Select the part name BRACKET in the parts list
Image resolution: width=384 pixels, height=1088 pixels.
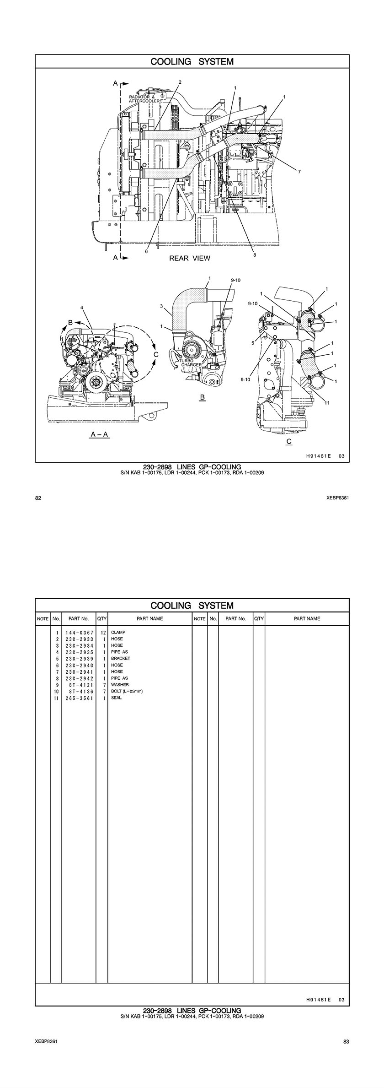[120, 659]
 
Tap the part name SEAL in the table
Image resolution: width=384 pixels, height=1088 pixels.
[116, 698]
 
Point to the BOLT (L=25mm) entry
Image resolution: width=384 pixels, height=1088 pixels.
[127, 691]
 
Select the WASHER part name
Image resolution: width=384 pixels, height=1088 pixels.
[120, 685]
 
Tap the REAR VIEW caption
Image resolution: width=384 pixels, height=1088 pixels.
[190, 258]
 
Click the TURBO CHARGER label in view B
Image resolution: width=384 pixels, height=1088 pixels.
[190, 363]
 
